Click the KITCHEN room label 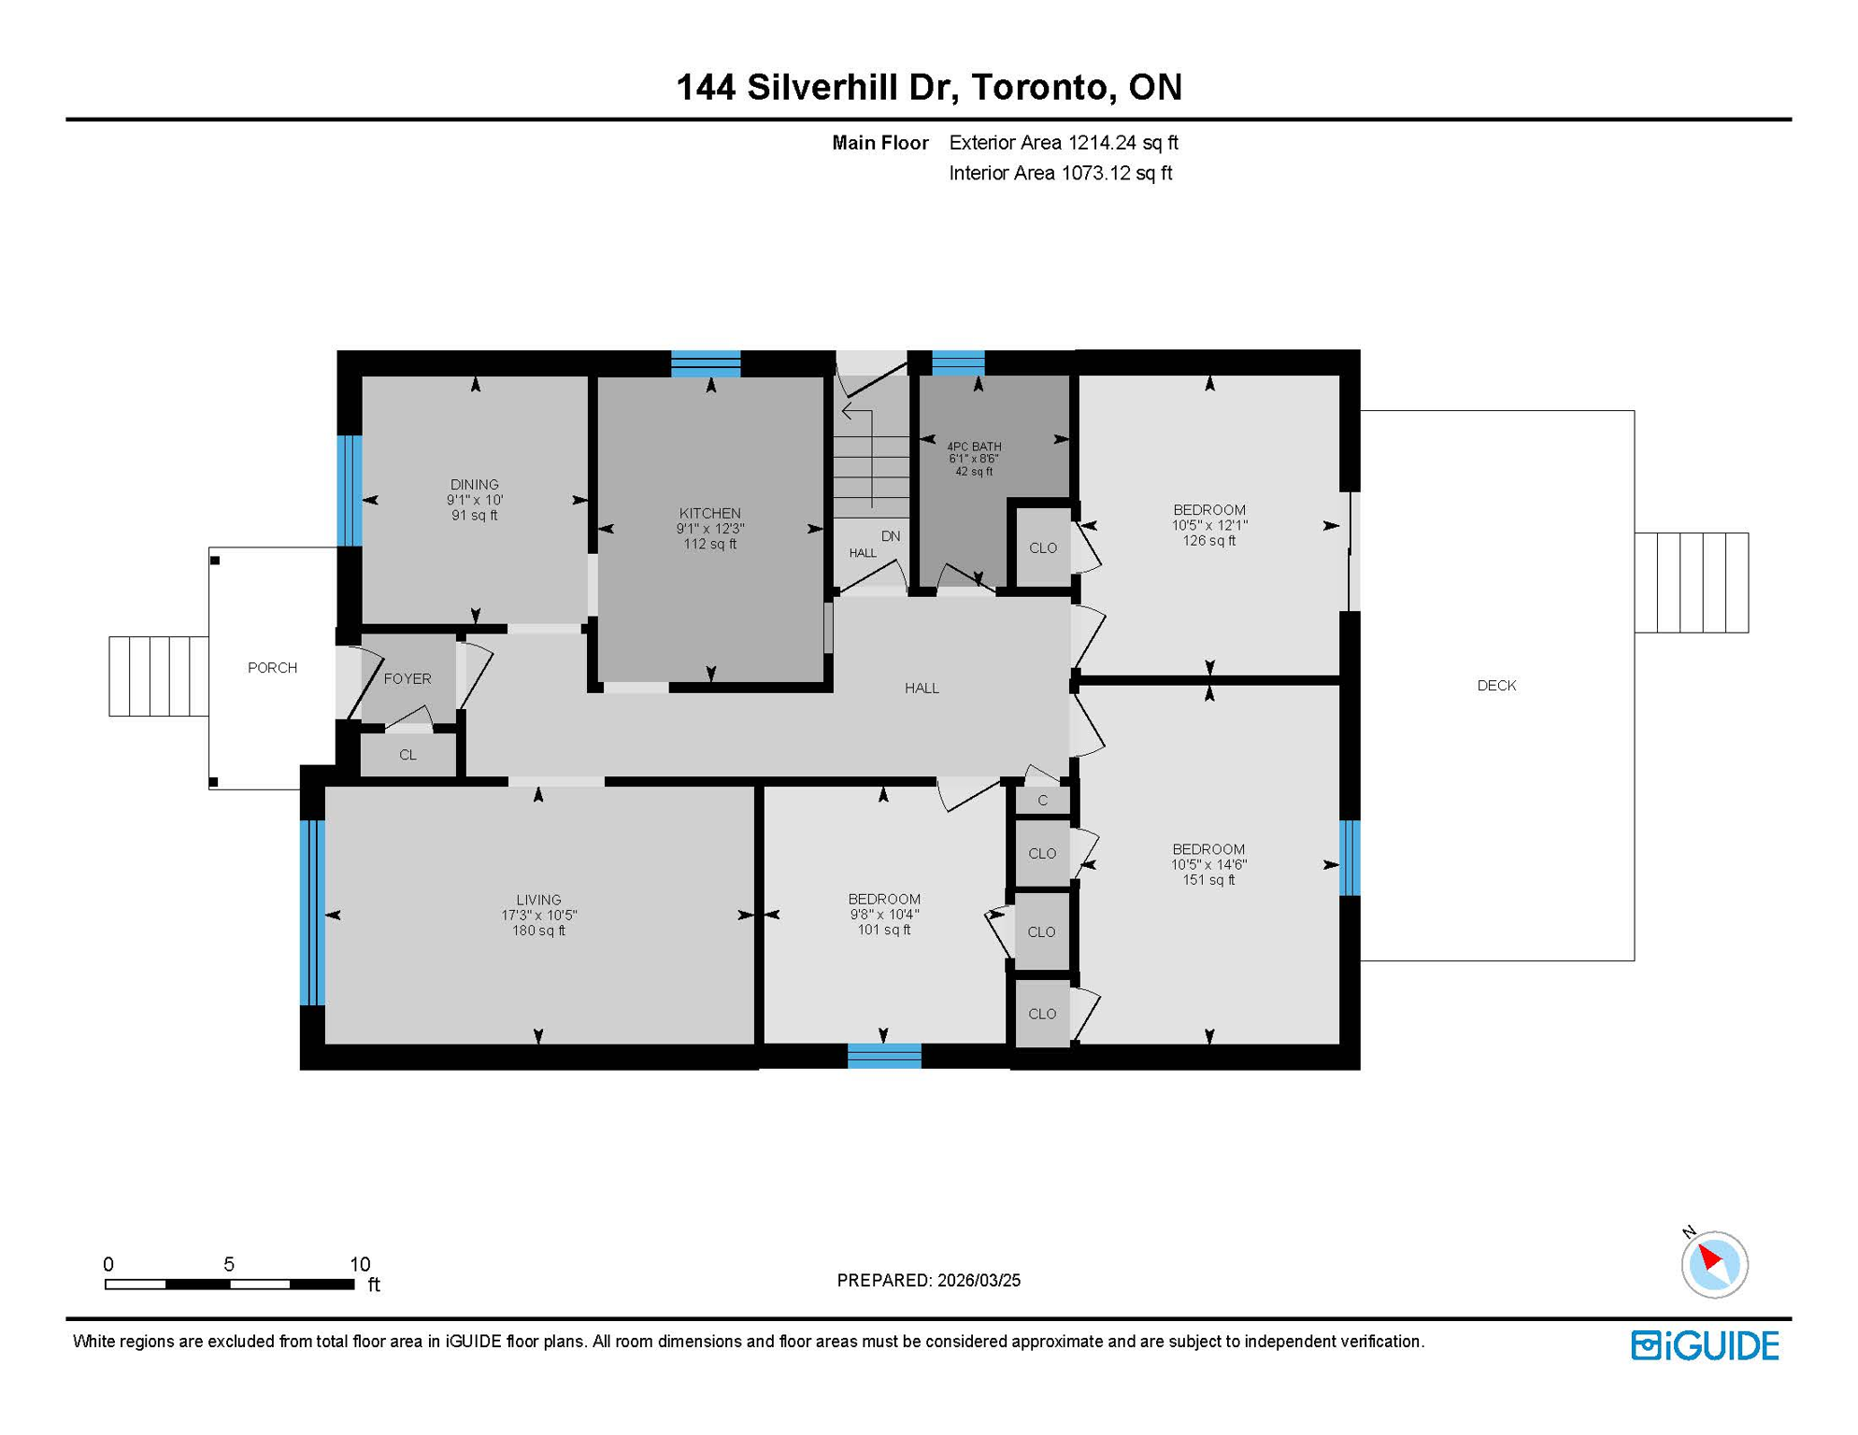tap(709, 513)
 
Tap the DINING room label tap(474, 484)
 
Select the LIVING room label tap(538, 900)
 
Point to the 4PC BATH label tap(973, 447)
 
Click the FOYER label tap(407, 679)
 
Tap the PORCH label tap(272, 668)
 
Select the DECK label tap(1495, 686)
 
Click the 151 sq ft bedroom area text tap(1208, 880)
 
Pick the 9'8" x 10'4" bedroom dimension tap(883, 915)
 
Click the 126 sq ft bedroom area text tap(1208, 541)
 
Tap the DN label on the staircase tap(890, 536)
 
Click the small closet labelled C tap(1042, 801)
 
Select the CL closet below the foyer tap(407, 755)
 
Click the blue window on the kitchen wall tap(706, 363)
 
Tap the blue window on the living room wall tap(312, 913)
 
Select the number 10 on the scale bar tap(360, 1264)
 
